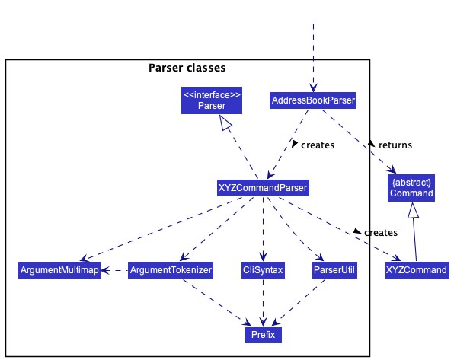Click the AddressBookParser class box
coord(313,100)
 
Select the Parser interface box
coord(211,100)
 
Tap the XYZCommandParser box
coord(263,186)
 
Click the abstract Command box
coord(411,187)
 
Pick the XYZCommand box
coord(417,269)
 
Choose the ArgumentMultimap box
coord(59,269)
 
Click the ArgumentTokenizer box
coord(171,269)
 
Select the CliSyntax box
coord(263,269)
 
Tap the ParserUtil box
coord(334,269)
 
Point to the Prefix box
coord(263,334)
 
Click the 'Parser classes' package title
coord(187,68)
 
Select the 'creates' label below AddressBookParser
coord(317,145)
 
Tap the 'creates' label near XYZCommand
coord(380,232)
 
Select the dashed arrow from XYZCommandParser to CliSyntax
coord(263,228)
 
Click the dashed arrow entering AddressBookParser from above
coord(313,53)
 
